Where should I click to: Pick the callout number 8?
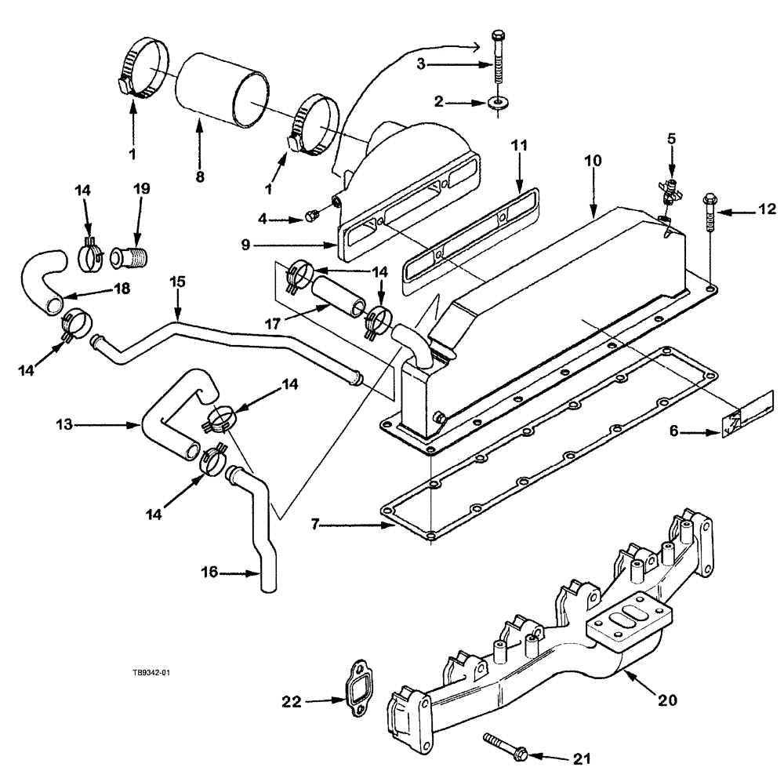[199, 177]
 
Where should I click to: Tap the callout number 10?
[592, 160]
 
